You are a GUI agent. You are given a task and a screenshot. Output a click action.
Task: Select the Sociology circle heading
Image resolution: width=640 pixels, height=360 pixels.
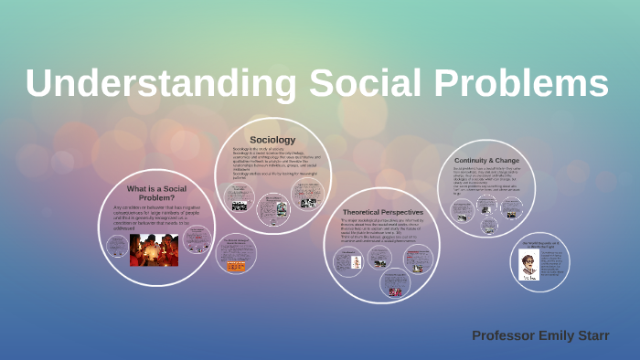(272, 140)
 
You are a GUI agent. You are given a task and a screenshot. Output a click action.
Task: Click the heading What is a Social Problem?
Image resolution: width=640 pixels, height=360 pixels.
(151, 193)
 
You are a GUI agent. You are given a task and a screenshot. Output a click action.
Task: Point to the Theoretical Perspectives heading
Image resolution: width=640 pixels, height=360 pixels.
(382, 211)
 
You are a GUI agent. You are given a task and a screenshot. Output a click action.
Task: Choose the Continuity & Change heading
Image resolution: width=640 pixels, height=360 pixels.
(486, 160)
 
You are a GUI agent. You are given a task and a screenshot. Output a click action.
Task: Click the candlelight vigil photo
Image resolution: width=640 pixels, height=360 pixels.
(154, 249)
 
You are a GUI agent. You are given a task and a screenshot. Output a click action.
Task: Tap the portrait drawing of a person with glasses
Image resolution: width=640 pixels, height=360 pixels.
(528, 265)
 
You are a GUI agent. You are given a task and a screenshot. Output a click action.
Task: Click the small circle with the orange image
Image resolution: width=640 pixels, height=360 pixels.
(236, 253)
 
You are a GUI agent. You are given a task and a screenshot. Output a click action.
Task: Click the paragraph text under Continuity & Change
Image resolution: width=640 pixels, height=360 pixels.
(486, 178)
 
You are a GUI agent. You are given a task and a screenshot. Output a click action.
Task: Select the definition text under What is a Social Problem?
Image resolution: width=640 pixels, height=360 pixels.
(151, 217)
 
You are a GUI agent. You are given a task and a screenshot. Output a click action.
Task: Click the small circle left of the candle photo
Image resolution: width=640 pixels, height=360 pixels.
(117, 245)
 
